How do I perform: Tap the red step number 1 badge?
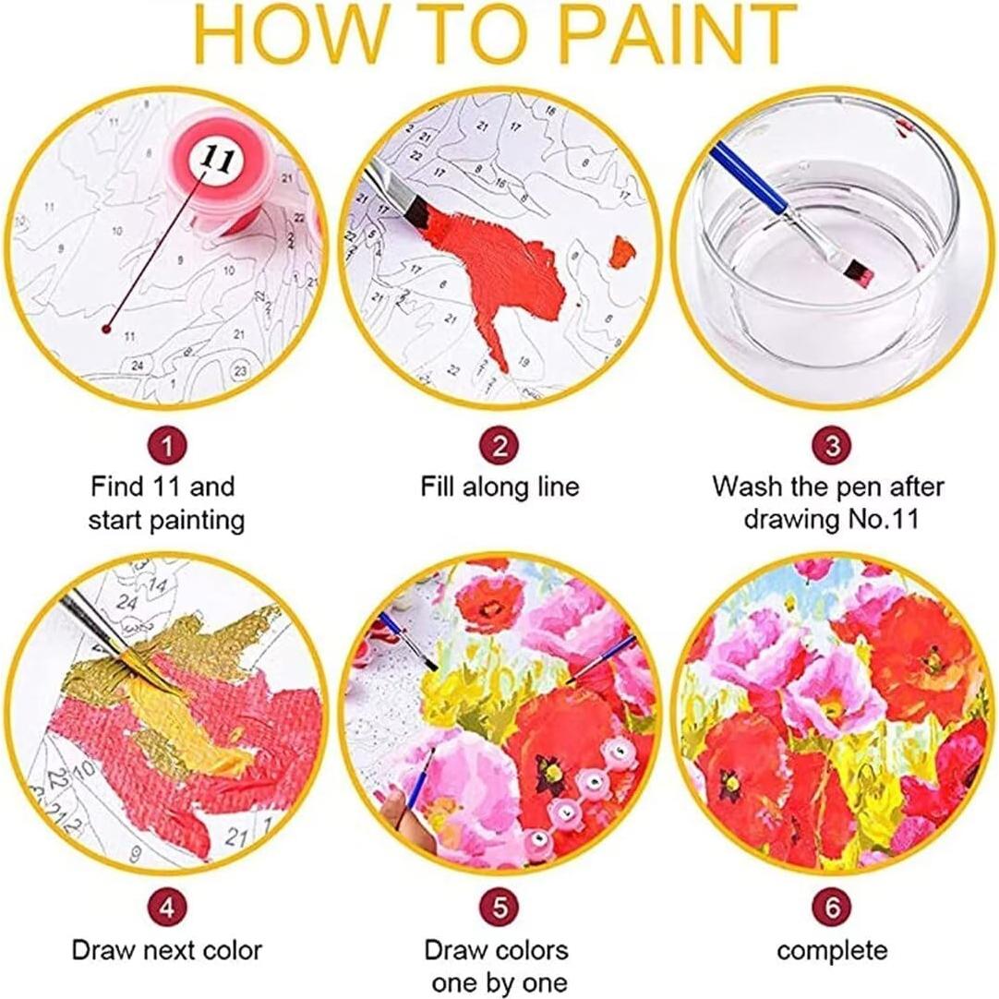point(166,447)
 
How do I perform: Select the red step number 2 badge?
point(499,447)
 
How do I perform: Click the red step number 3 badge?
point(832,447)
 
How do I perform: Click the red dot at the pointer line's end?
point(108,328)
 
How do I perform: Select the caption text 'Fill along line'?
point(499,487)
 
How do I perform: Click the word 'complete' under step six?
point(832,950)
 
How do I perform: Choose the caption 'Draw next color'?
point(166,950)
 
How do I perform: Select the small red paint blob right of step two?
point(623,250)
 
